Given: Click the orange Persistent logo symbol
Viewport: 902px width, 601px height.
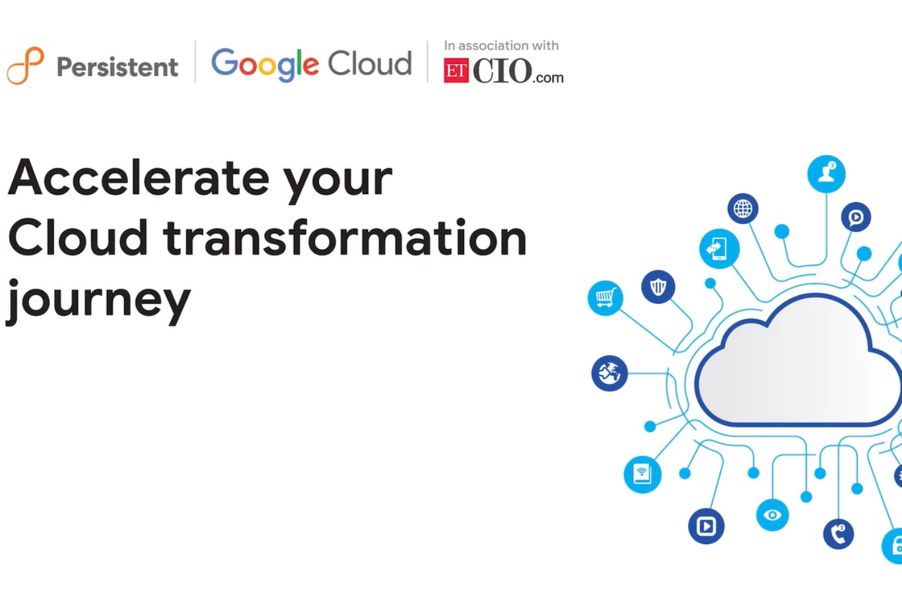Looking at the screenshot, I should tap(25, 65).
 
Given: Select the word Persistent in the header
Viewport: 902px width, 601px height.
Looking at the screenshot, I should tap(118, 67).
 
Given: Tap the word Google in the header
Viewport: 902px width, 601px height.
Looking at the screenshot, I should tap(265, 64).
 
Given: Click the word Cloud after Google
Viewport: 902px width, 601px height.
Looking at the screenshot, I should tap(370, 63).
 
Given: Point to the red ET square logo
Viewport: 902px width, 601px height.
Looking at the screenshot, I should tap(456, 71).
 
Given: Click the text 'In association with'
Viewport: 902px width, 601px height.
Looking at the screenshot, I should tap(501, 46).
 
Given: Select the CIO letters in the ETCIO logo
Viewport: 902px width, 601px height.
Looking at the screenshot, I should tap(503, 71).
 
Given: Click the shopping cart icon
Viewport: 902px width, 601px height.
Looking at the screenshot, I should tap(606, 298).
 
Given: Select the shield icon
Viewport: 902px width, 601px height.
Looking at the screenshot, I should tap(658, 287).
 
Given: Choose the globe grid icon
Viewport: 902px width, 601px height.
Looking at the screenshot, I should tap(743, 209).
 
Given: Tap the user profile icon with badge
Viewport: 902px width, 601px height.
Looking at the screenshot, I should tap(826, 174).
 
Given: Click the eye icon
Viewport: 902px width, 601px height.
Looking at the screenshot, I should tap(773, 514).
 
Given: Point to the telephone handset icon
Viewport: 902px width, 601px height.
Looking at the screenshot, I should tap(839, 534).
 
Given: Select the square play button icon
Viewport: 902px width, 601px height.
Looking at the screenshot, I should tap(706, 526).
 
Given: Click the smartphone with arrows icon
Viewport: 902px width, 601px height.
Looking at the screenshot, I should tap(719, 249).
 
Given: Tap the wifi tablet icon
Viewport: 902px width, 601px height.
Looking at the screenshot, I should tap(642, 474).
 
